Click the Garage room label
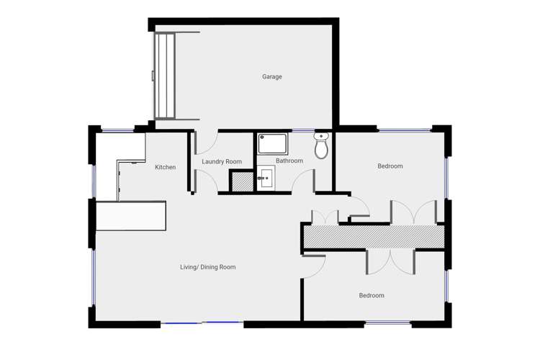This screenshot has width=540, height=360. coord(271,76)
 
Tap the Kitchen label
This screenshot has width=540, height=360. coord(165,167)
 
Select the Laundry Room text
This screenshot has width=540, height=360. coord(222,161)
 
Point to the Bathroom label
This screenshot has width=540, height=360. coord(289,161)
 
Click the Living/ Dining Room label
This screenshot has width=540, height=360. coord(207,267)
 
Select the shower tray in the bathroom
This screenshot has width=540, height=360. coord(273,144)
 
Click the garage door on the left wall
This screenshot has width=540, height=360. coord(165,76)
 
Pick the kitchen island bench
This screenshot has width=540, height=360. coord(131,215)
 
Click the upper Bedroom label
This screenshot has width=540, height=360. coord(390,166)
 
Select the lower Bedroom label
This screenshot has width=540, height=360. coord(372,295)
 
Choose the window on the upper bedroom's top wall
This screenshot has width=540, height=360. coord(404,130)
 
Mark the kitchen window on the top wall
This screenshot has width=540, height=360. coord(117,130)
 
